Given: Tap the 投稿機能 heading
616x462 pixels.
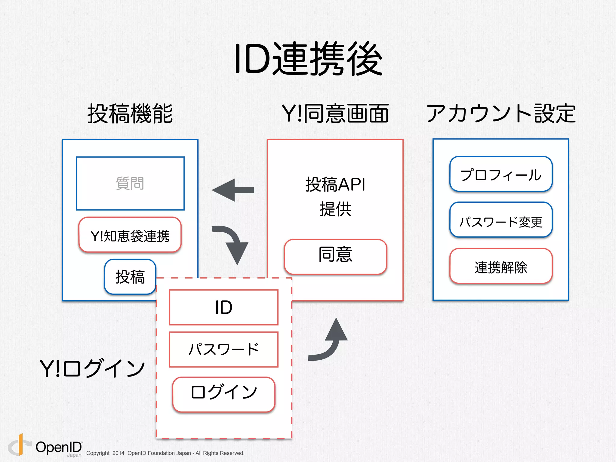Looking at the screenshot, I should tap(130, 114).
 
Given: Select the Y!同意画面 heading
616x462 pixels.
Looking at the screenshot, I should tap(335, 114).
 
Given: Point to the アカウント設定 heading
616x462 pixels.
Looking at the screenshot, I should tap(501, 114).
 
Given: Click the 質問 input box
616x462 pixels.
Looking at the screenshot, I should tap(130, 183).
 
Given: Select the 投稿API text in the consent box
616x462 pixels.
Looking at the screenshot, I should tap(335, 184).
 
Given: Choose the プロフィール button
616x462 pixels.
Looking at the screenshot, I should tap(501, 174).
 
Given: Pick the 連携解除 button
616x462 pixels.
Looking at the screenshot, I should tap(501, 266).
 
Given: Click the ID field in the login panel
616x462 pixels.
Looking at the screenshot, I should tap(223, 307).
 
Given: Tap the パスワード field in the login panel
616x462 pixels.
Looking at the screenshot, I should tap(223, 350).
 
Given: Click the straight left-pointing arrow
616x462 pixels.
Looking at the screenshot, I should tap(233, 190).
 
